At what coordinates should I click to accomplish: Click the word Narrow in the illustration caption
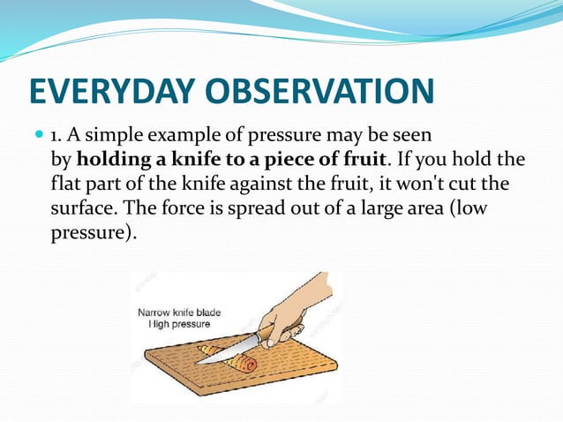[155, 313]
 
